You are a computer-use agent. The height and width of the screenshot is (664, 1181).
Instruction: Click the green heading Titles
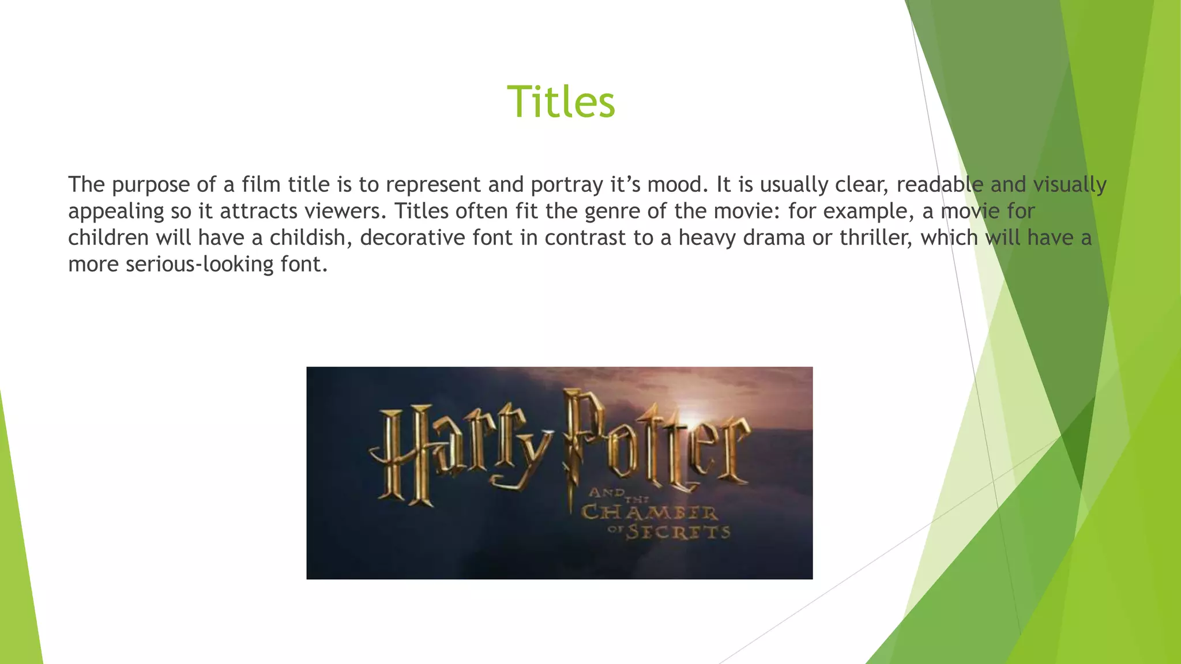tap(561, 102)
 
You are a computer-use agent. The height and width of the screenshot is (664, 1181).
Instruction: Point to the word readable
tap(939, 185)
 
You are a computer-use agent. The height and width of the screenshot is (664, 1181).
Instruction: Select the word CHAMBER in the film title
tap(649, 512)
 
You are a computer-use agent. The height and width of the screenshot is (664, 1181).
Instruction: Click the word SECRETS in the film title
tap(678, 531)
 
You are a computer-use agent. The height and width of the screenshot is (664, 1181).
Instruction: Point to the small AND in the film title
tap(606, 493)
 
